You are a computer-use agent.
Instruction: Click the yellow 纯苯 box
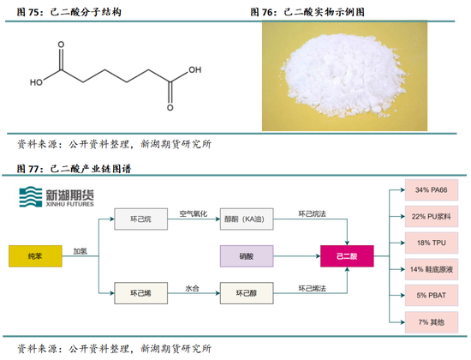(34, 256)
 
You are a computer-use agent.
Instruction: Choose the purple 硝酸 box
(244, 256)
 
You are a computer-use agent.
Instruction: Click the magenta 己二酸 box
(346, 256)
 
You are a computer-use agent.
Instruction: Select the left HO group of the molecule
(36, 83)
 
